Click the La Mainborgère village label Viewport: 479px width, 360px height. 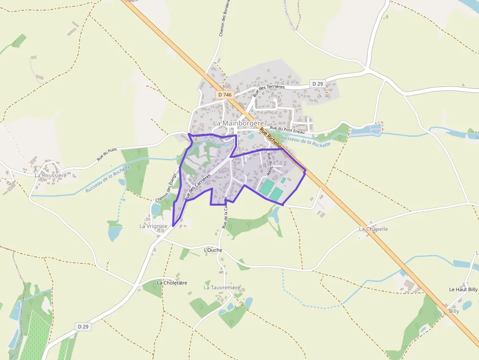[239, 123]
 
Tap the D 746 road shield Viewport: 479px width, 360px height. [225, 94]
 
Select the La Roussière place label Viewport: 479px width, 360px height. [50, 175]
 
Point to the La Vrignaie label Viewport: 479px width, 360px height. [153, 226]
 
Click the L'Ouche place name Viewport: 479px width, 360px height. [213, 250]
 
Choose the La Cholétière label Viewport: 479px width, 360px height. [172, 283]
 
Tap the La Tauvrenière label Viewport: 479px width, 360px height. [222, 288]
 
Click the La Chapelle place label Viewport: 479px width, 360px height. [373, 229]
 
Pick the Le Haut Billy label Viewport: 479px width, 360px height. [463, 289]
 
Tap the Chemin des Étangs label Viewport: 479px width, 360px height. [166, 188]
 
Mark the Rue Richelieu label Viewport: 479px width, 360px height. [270, 138]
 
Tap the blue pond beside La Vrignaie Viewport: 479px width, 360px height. [156, 210]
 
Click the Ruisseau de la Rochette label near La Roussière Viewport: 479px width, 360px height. [108, 179]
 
